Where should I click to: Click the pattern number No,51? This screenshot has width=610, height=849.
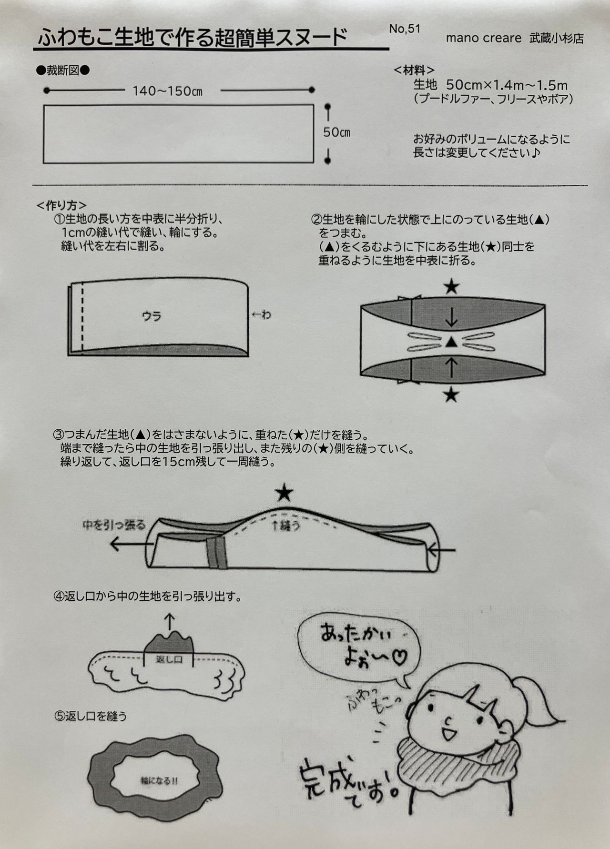(405, 29)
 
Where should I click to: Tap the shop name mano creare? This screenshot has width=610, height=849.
(484, 38)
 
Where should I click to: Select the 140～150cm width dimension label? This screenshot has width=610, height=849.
(167, 91)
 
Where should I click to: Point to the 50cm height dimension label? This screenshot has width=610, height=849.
(336, 132)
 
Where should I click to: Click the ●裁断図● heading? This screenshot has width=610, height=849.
(63, 71)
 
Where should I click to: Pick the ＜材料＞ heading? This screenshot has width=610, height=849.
(414, 71)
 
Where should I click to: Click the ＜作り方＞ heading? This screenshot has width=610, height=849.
(61, 205)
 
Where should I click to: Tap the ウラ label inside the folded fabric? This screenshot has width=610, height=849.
(152, 316)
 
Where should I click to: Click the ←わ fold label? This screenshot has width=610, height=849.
(261, 314)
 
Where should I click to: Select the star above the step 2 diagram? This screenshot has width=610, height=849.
(451, 287)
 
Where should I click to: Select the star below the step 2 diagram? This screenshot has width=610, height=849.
(451, 394)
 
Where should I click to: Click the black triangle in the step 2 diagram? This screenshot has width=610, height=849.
(451, 342)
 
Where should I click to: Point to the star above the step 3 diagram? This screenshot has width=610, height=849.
(285, 493)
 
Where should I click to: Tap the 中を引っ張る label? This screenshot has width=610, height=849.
(113, 525)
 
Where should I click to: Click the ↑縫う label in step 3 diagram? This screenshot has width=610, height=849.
(285, 526)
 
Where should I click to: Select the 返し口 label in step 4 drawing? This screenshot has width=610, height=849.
(169, 659)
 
